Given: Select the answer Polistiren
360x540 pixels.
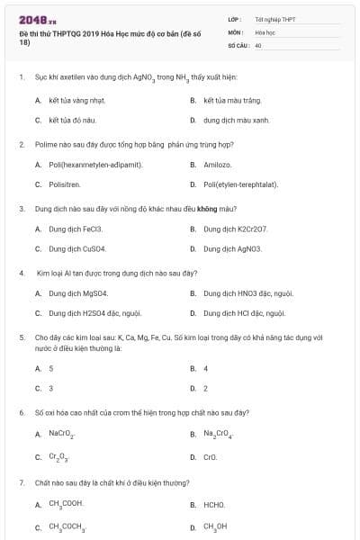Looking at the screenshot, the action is (65, 184).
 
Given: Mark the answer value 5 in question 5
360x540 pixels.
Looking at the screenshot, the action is (50, 368).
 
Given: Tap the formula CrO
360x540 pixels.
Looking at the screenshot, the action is (211, 456).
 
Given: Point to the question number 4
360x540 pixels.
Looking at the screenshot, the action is (21, 271).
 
